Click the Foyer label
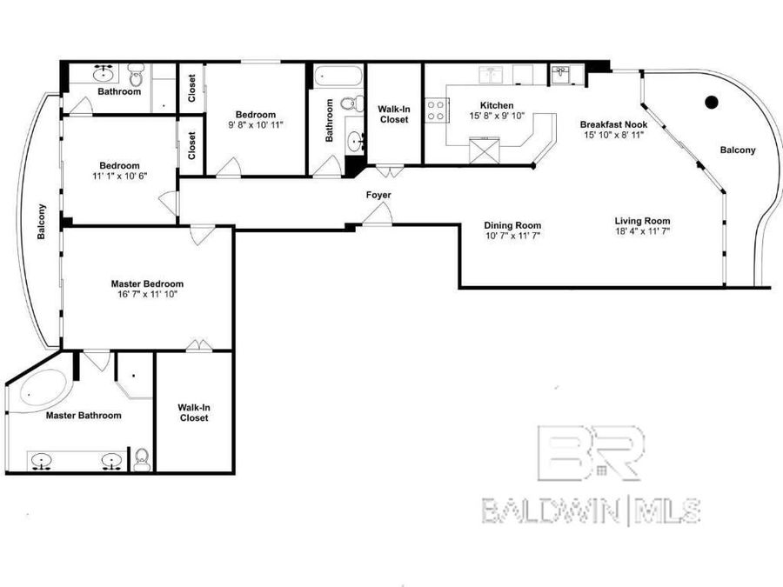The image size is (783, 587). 378,195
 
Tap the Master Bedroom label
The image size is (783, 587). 147,283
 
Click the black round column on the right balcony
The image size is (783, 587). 711,101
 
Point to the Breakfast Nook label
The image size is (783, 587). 613,124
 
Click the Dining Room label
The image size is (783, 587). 512,225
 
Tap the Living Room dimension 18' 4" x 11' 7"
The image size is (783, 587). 642,233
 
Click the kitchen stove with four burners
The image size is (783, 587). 436,110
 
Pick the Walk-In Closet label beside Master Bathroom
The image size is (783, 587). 193,412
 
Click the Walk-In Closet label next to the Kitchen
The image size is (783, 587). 394,114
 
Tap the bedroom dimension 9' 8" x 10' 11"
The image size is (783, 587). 256,125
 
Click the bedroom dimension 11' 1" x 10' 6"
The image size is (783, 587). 119,177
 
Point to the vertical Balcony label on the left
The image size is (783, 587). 41,221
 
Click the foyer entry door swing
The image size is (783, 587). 377,214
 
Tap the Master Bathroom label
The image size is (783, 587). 84,415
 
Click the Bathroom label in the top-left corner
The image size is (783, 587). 119,91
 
